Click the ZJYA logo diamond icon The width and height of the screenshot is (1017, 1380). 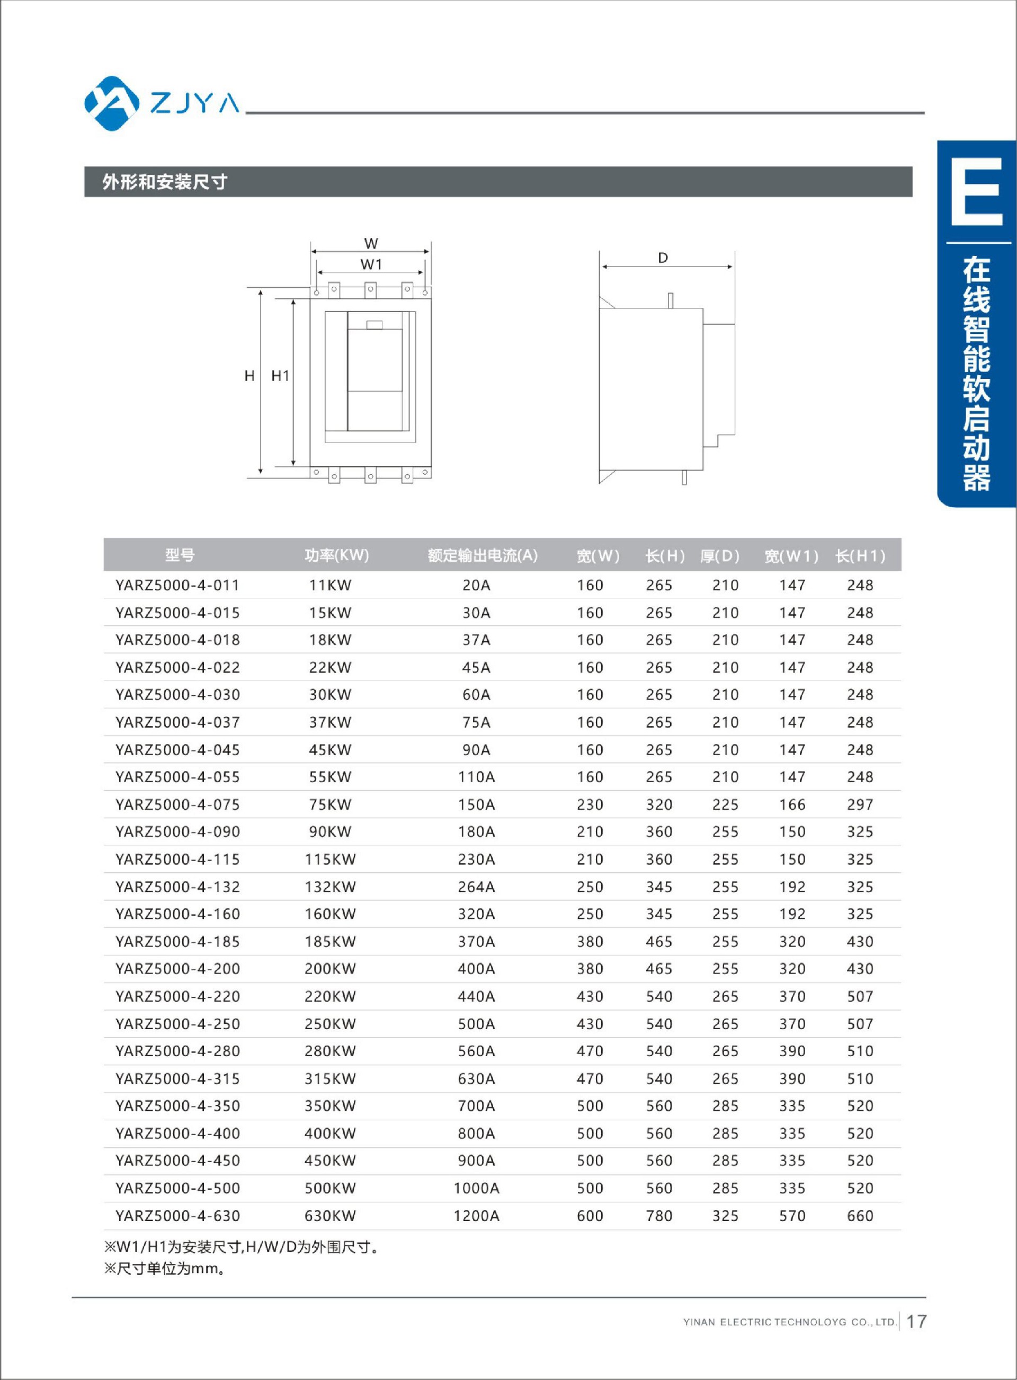pyautogui.click(x=111, y=103)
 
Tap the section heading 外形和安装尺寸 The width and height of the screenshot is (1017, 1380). pyautogui.click(x=165, y=182)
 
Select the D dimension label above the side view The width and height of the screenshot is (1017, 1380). pyautogui.click(x=663, y=258)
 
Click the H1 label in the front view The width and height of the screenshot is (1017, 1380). pyautogui.click(x=280, y=376)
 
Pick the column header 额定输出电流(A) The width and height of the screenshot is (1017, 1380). pyautogui.click(x=483, y=555)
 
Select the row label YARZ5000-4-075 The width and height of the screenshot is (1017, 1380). pyautogui.click(x=177, y=804)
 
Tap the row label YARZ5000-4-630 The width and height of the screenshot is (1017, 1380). pyautogui.click(x=177, y=1216)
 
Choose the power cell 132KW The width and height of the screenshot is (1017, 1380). pyautogui.click(x=330, y=887)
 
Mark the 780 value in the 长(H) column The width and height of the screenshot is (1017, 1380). pyautogui.click(x=659, y=1216)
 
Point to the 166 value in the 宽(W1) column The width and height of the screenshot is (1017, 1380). pyautogui.click(x=792, y=804)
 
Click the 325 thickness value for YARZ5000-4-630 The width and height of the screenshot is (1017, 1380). pyautogui.click(x=725, y=1216)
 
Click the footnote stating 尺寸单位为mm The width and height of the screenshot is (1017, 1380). pyautogui.click(x=164, y=1269)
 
